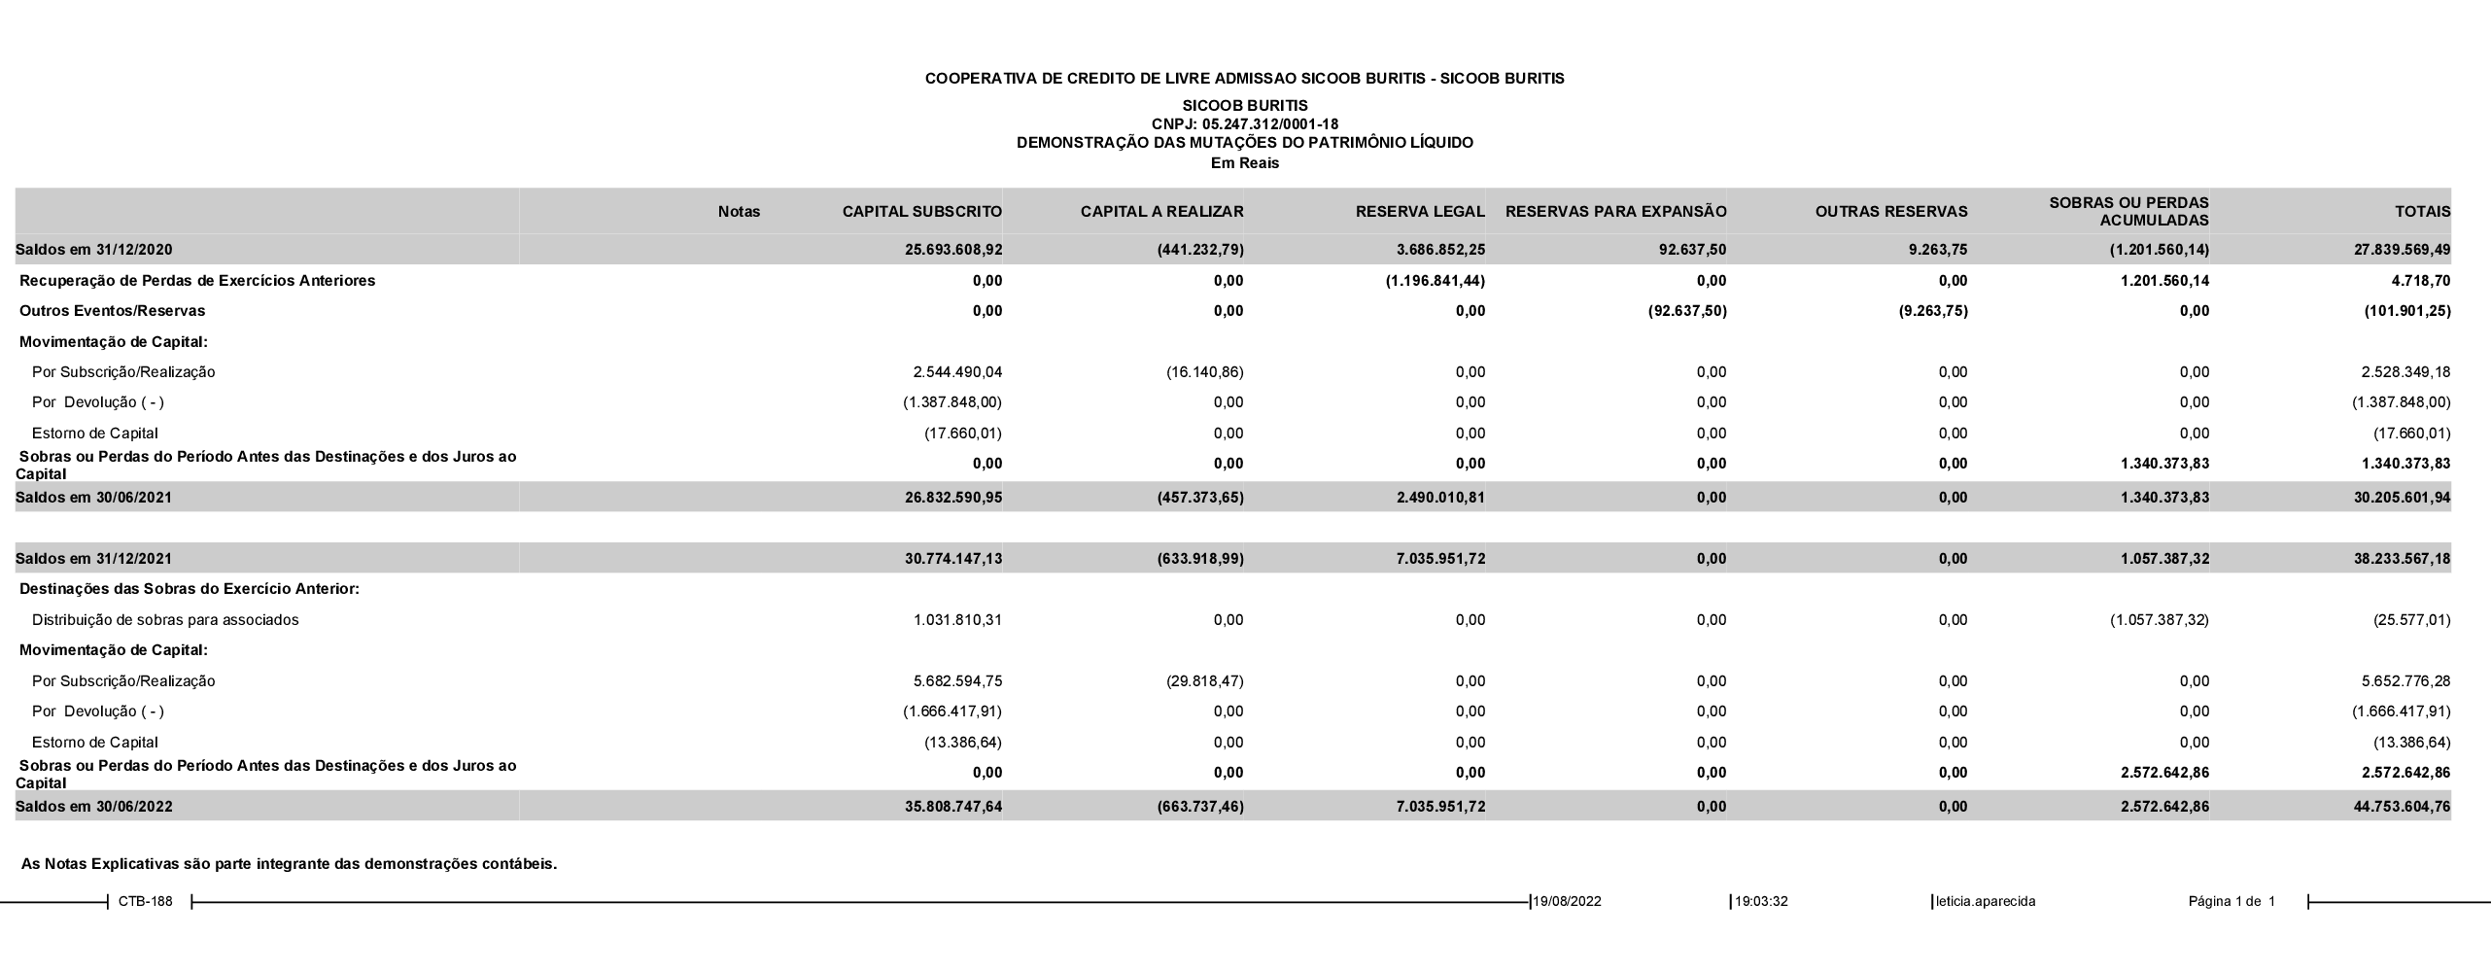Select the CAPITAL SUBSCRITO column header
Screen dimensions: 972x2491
click(921, 212)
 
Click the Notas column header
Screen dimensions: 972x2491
click(739, 212)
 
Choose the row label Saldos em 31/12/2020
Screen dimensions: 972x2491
click(94, 250)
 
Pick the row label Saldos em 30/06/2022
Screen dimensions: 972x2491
click(94, 807)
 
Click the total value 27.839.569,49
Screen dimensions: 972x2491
click(2402, 250)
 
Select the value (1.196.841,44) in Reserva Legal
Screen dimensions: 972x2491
click(1435, 281)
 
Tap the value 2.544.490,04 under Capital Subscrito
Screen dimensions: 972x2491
click(957, 372)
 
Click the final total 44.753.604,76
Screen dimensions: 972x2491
click(2402, 807)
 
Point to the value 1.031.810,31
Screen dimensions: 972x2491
click(957, 620)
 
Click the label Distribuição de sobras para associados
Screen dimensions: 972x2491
click(165, 620)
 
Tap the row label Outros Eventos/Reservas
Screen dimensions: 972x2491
click(113, 311)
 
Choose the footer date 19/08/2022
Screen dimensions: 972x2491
click(1568, 901)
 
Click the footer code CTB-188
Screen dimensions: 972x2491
click(146, 901)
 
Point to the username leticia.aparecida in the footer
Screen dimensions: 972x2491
click(1986, 901)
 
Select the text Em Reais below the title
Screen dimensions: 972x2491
click(1244, 163)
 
